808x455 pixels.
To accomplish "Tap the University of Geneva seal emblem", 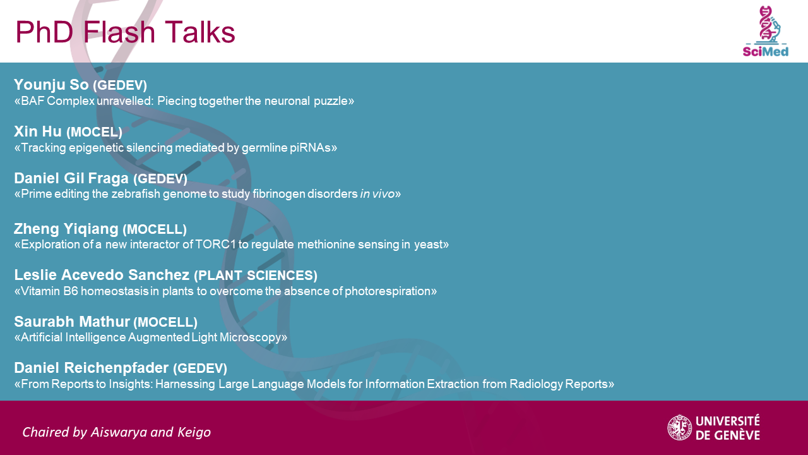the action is (x=680, y=428).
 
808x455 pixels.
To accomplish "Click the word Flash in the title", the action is (x=119, y=32).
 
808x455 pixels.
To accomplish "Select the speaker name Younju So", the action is (x=51, y=85).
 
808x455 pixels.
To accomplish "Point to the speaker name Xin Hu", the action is (x=38, y=131).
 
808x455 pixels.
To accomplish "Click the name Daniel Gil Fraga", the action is (x=71, y=178).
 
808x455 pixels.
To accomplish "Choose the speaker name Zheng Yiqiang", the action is (x=66, y=229).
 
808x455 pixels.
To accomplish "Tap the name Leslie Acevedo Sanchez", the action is (x=102, y=275).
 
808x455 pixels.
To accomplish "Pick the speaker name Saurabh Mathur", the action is (x=72, y=322).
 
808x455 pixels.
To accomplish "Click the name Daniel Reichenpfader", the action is (x=92, y=368).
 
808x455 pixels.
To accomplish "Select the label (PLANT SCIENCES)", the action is (x=256, y=276).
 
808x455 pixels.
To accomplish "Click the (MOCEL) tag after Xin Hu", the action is (x=95, y=132).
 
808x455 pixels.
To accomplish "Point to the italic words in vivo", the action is (x=377, y=194).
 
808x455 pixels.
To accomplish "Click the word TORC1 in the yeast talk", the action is (x=215, y=245).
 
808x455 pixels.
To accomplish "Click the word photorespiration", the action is (x=388, y=291).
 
